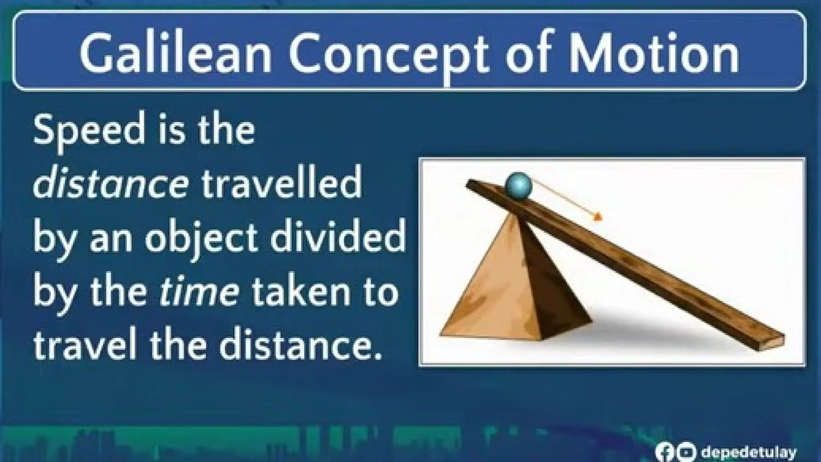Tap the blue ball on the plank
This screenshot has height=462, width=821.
pyautogui.click(x=518, y=185)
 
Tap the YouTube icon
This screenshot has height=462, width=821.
pyautogui.click(x=686, y=452)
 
